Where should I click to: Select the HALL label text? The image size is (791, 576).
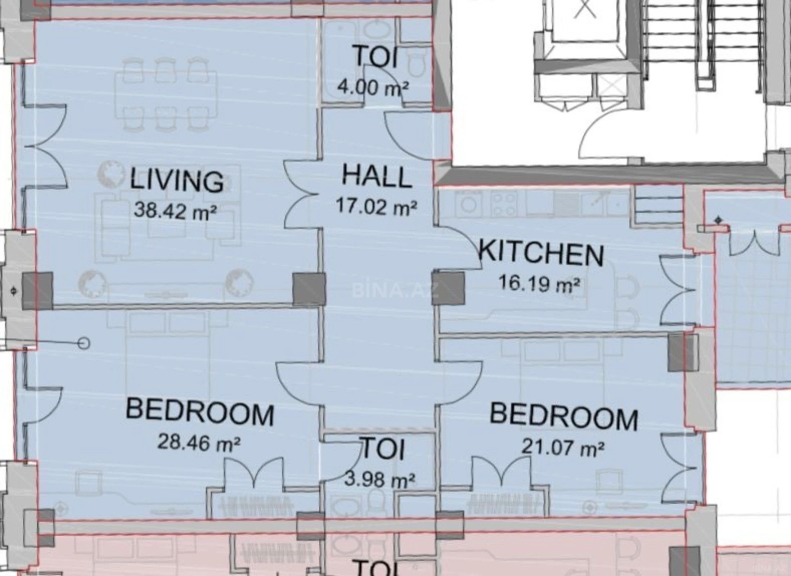(x=377, y=176)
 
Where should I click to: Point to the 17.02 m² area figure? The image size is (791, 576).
(x=377, y=207)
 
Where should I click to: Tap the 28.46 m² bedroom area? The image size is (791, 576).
(x=199, y=442)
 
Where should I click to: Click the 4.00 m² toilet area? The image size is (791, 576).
(x=373, y=87)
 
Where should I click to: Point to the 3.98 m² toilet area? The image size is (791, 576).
(x=379, y=480)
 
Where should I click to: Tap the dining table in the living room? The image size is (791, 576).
(x=166, y=94)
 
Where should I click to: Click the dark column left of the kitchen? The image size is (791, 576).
(x=448, y=289)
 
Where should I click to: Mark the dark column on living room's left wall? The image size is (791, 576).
(x=37, y=291)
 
